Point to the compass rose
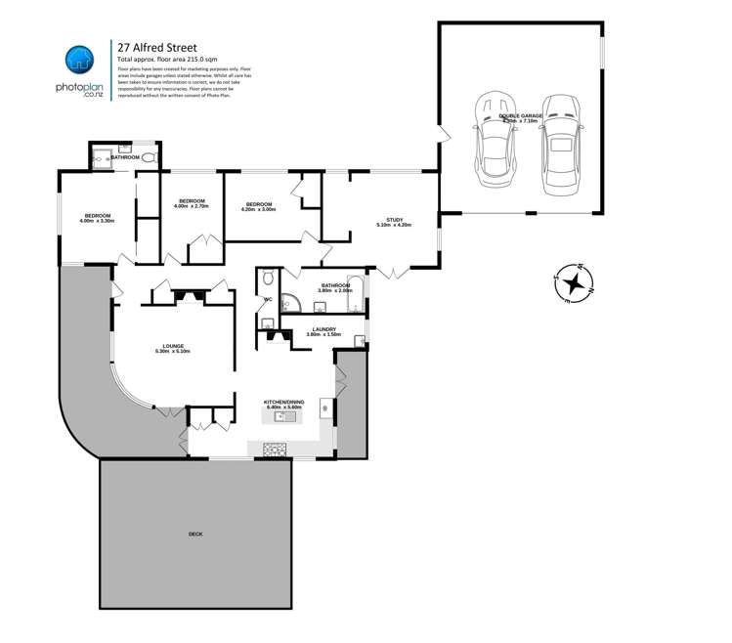(576, 283)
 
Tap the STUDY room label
(394, 222)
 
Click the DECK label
(195, 535)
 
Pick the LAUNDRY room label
(324, 331)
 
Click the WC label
(267, 299)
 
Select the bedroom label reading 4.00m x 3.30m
(99, 218)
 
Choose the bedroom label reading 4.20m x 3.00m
(259, 206)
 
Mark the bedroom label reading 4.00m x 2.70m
(192, 203)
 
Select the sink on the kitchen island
(285, 416)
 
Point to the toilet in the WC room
(267, 322)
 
